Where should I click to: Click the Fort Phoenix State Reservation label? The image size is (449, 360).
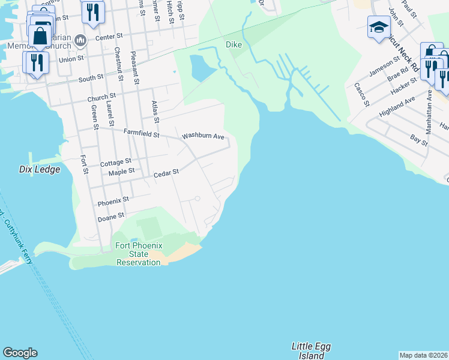pos(138,254)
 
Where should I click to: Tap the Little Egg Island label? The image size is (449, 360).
pos(311,351)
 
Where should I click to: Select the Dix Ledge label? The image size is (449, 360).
pos(40,170)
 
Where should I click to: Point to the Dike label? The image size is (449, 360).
pos(234,45)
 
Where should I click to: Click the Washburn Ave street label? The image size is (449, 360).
pos(203,136)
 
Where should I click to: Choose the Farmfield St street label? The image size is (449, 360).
pos(141,134)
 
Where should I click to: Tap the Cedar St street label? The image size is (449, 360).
pos(166,173)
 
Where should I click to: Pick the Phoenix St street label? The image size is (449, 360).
pos(113,200)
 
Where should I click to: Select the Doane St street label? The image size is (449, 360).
pos(111,216)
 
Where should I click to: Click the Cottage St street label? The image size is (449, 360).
pos(116,163)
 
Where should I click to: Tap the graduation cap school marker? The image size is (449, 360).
pos(379,28)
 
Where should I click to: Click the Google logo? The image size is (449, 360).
pos(20,353)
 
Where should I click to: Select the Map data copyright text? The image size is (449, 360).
pos(424,355)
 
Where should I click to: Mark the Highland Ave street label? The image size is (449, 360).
pos(397,107)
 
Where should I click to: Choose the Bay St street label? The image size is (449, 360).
pos(418,141)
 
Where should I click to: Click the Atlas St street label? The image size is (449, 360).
pos(155,111)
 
